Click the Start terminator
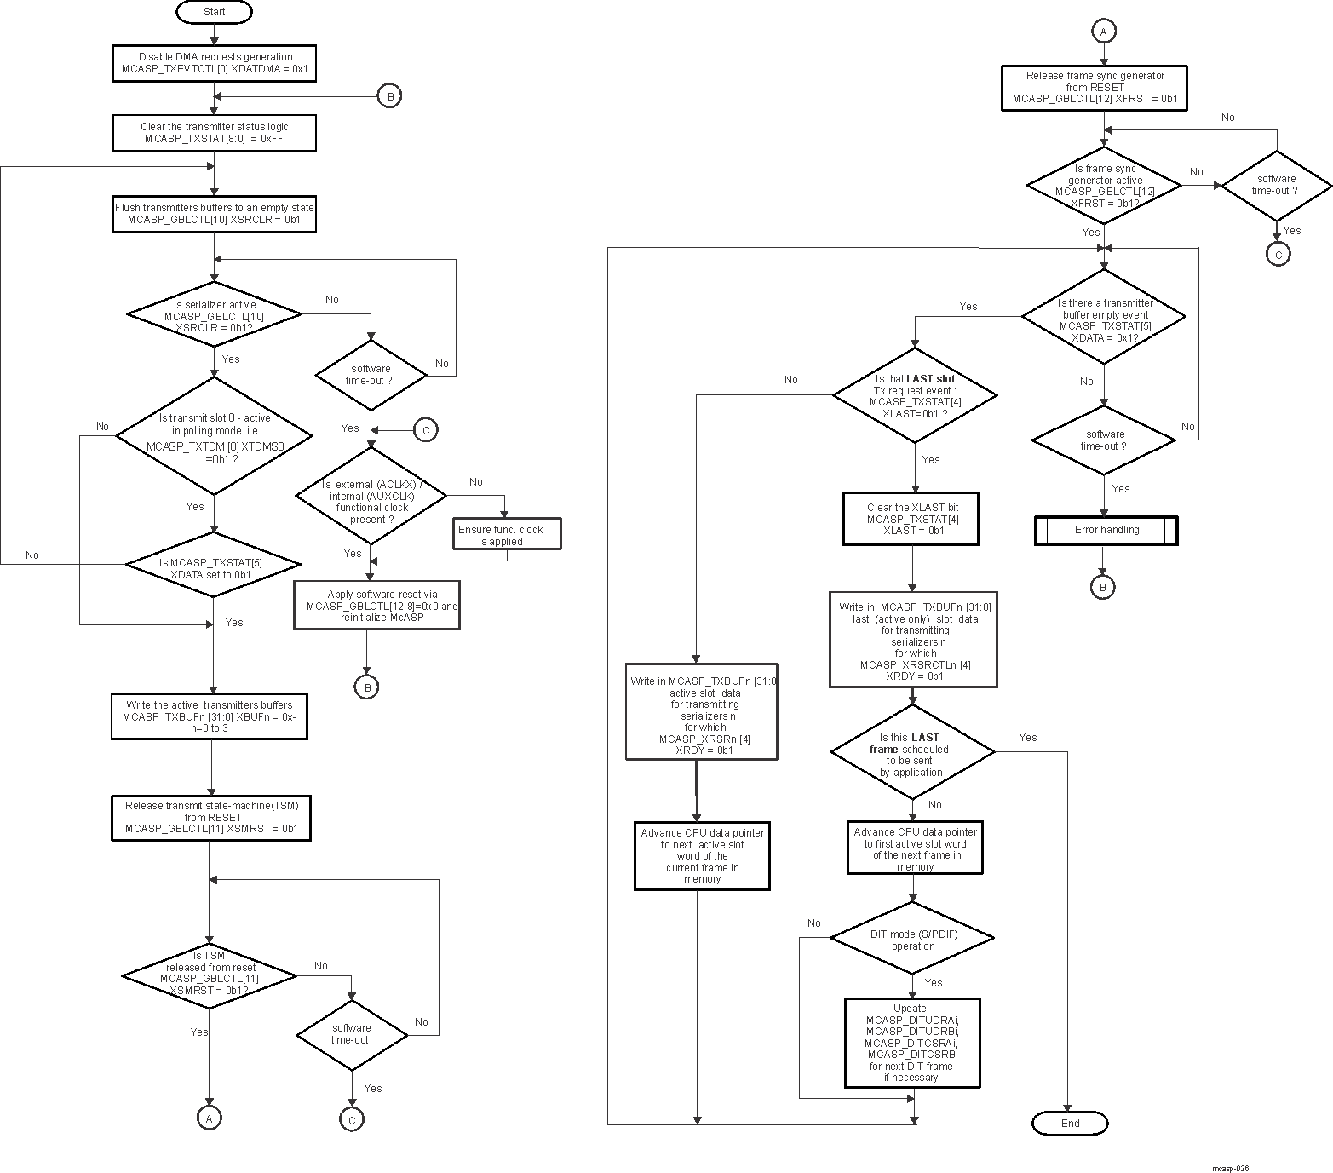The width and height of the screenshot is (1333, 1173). tap(214, 12)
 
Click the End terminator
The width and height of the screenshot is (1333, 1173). tap(1070, 1124)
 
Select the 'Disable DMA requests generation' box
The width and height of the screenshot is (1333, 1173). tap(214, 63)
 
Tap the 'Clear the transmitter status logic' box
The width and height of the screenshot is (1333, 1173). tap(214, 133)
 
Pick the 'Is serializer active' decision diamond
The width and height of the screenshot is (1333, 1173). tap(214, 315)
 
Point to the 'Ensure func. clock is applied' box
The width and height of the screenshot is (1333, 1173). tap(507, 534)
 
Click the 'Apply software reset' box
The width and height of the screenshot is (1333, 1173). tap(376, 606)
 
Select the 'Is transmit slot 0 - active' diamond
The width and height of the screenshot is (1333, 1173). tap(215, 435)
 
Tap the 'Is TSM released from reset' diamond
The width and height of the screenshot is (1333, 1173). tap(210, 974)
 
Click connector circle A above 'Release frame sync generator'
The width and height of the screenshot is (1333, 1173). tap(1103, 32)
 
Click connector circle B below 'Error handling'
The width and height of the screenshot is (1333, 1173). tap(1102, 587)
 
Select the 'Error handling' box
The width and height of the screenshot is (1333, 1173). tap(1106, 530)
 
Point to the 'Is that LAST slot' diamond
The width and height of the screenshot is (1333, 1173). tap(915, 395)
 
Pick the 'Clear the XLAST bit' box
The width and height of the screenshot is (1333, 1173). tap(911, 519)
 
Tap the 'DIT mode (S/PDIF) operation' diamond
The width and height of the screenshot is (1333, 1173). tap(912, 939)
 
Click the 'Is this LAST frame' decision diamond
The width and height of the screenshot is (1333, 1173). tap(912, 753)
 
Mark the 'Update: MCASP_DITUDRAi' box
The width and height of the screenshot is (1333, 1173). tap(912, 1043)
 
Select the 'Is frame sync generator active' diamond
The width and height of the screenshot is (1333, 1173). tap(1104, 185)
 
